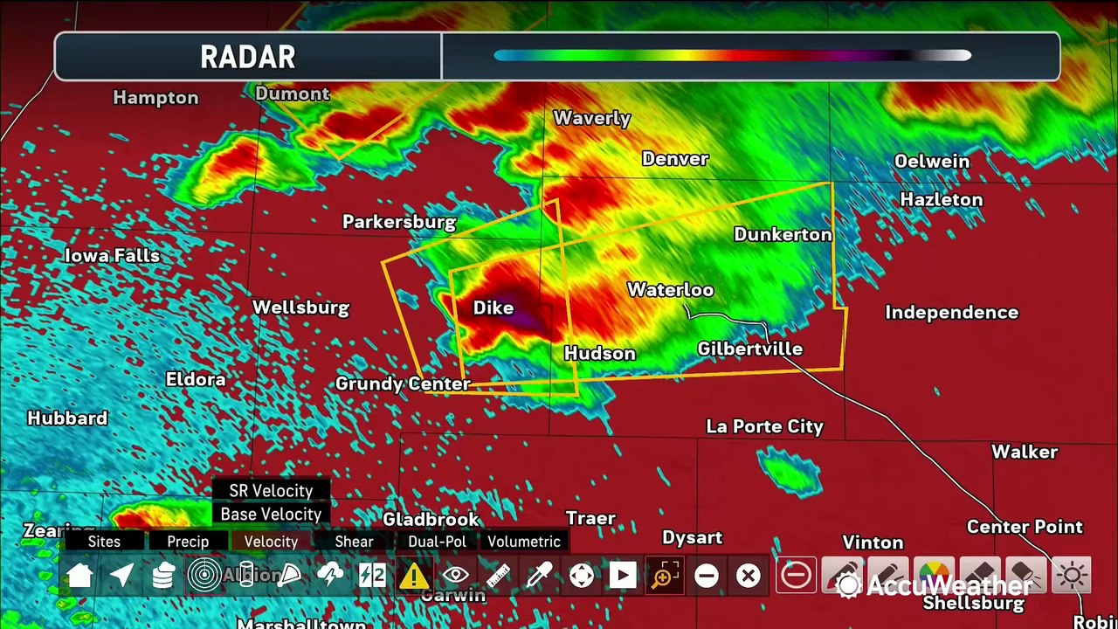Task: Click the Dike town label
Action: [493, 308]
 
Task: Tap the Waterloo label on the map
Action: [670, 290]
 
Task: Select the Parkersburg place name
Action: [398, 222]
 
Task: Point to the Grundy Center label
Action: [403, 384]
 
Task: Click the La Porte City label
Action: [764, 426]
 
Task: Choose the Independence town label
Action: [951, 312]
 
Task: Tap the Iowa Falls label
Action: [112, 256]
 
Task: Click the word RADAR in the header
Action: [248, 58]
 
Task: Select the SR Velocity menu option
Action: [271, 491]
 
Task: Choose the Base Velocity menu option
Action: [271, 515]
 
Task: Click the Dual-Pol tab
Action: [437, 542]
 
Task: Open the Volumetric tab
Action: [524, 542]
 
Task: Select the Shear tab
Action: [354, 542]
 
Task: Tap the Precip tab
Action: [188, 542]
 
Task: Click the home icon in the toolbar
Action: [79, 576]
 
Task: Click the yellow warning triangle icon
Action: [413, 576]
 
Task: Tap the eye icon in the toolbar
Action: [455, 576]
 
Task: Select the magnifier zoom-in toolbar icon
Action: [664, 576]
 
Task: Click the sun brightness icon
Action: [1072, 576]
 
